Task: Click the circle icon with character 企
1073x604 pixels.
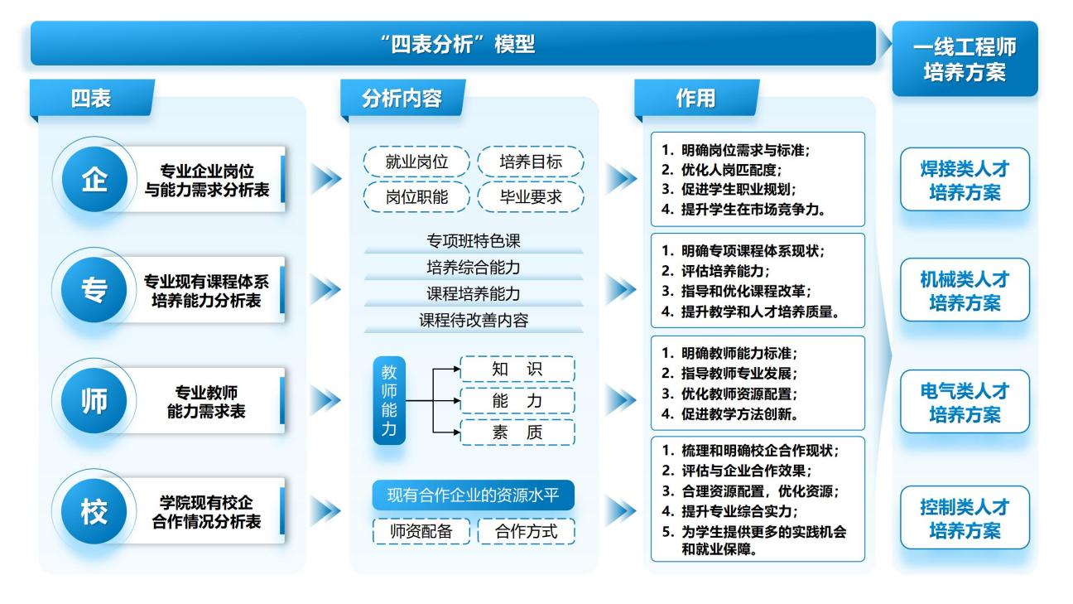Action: pos(93,182)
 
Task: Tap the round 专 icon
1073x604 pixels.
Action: pos(93,289)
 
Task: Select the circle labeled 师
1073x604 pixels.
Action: pos(93,399)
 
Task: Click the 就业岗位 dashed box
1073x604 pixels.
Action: pos(417,162)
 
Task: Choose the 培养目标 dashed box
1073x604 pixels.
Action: pos(531,162)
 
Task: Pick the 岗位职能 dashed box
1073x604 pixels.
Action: pos(417,198)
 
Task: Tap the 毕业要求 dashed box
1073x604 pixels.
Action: pos(531,198)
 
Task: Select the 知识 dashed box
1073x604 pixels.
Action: pos(517,370)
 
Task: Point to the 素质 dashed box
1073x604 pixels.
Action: pos(517,432)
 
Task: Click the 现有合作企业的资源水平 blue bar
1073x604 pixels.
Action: pos(473,496)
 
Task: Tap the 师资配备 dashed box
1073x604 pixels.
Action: pos(421,531)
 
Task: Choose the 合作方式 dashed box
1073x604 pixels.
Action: pos(527,531)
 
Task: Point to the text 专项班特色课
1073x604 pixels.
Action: pos(474,242)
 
